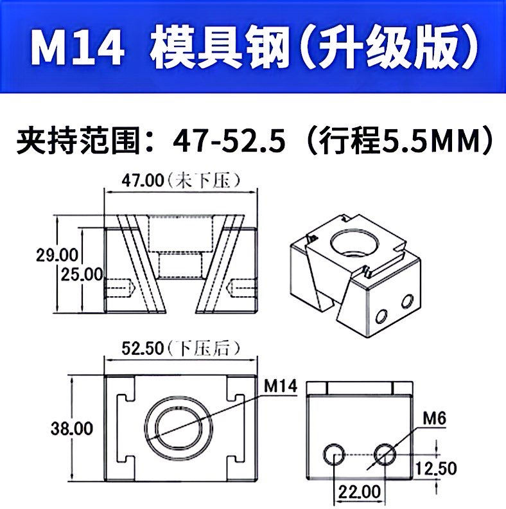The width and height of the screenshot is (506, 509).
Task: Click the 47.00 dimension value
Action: [143, 181]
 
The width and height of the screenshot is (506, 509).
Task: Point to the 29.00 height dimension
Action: [57, 255]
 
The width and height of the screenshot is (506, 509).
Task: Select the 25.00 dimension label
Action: [82, 275]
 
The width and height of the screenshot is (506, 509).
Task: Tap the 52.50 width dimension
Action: [143, 348]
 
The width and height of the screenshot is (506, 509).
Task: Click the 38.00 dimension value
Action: [72, 429]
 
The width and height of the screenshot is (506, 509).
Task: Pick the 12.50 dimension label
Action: [436, 469]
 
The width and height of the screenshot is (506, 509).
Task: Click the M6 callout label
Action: [435, 418]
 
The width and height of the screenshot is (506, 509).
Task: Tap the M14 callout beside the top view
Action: [281, 386]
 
